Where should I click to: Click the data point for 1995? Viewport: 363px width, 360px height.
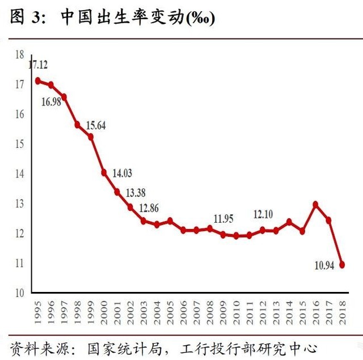click(x=38, y=81)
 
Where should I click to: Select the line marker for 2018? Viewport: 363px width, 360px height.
click(x=342, y=264)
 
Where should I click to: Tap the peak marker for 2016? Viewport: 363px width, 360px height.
click(x=315, y=204)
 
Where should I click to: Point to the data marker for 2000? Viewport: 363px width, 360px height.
click(x=104, y=172)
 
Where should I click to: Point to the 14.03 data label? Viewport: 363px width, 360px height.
click(x=122, y=173)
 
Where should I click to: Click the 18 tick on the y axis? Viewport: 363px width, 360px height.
click(x=19, y=55)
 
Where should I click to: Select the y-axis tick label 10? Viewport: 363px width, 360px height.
click(x=19, y=293)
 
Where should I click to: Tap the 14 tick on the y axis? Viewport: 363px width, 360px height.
click(x=19, y=174)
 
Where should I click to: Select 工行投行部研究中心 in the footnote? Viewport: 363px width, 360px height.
click(x=250, y=348)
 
